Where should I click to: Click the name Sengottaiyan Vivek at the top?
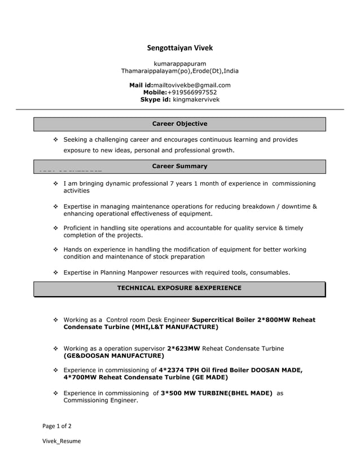click(179, 48)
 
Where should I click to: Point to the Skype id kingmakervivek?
click(196, 99)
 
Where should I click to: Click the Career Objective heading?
click(179, 124)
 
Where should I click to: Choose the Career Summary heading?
click(179, 166)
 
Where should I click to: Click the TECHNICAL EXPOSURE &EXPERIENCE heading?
click(179, 288)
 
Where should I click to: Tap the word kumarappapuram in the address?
click(179, 64)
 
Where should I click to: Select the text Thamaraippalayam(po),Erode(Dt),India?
click(179, 71)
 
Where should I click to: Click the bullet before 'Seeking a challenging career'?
click(55, 139)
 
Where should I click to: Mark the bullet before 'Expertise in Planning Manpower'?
click(55, 272)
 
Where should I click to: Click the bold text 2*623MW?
click(183, 348)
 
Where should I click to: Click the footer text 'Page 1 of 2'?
click(57, 426)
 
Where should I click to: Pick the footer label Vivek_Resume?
click(62, 441)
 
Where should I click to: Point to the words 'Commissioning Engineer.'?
click(100, 401)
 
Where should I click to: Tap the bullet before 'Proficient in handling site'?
click(55, 228)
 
